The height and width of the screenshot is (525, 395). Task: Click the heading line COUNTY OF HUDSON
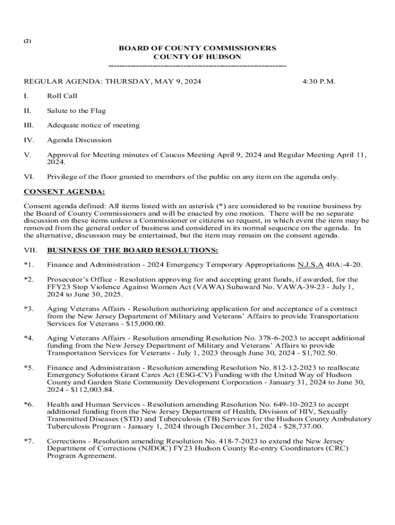[197, 57]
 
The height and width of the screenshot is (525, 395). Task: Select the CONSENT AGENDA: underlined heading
[65, 192]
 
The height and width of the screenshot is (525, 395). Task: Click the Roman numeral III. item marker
[29, 125]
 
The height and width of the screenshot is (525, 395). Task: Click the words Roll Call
[62, 96]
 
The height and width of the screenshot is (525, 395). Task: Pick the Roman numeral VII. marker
[31, 250]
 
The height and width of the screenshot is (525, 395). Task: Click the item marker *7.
[29, 441]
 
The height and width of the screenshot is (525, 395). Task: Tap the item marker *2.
[29, 279]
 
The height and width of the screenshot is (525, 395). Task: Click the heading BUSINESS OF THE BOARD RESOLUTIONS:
[132, 250]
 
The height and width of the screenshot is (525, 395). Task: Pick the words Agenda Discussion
[79, 140]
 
